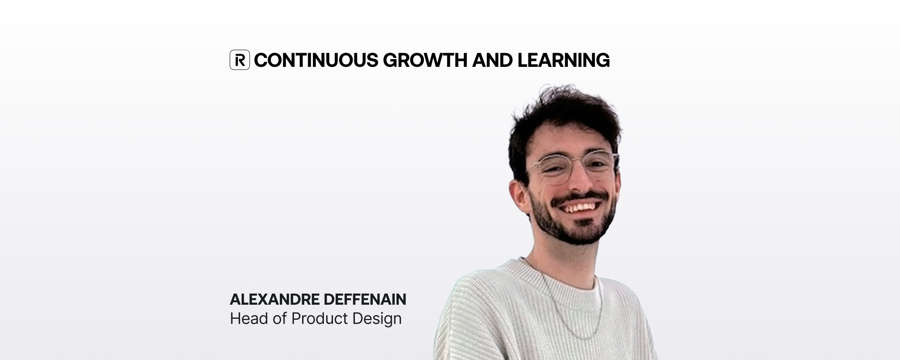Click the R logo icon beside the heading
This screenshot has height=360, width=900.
(240, 60)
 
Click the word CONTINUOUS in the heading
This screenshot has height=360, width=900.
(316, 60)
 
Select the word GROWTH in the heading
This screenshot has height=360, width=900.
(425, 60)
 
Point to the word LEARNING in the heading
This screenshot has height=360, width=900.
(564, 60)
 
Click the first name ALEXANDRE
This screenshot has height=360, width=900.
(275, 300)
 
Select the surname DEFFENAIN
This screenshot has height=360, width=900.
(365, 300)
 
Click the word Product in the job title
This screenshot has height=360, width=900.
(320, 318)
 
